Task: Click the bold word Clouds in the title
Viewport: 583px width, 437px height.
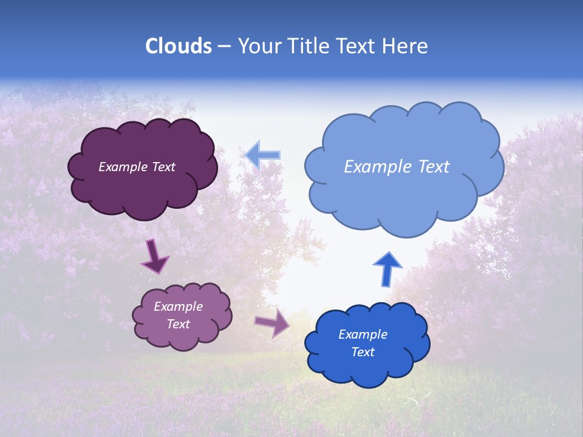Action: pos(179,46)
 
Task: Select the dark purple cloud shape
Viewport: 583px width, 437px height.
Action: pos(143,191)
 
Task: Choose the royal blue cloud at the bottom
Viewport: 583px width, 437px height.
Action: pos(367,370)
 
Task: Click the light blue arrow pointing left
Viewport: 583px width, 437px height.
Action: pos(263,155)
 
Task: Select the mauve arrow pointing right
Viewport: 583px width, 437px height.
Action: pos(273,322)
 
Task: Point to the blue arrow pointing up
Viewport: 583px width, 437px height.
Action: pos(387,269)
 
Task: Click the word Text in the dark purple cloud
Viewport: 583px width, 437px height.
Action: pos(163,167)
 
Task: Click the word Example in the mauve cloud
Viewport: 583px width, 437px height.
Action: pos(178,307)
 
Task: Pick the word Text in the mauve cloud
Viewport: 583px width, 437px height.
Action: pos(178,324)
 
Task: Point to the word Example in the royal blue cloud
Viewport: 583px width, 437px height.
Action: pos(363,334)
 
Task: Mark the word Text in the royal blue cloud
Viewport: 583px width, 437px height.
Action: pos(363,352)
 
